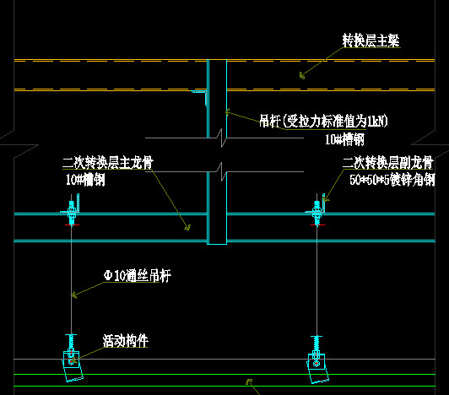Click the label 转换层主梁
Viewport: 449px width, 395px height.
click(x=371, y=41)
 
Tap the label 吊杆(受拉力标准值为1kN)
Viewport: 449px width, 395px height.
click(x=323, y=121)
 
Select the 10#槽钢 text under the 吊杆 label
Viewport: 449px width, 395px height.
click(x=344, y=140)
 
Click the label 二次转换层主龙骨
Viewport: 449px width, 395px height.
click(x=108, y=162)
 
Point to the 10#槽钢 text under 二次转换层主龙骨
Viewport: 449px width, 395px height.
click(x=85, y=180)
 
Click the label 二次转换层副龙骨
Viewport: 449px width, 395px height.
click(x=388, y=163)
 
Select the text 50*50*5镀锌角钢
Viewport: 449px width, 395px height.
click(x=392, y=180)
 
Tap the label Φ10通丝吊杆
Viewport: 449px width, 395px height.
click(x=138, y=275)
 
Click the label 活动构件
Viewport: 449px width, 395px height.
click(x=126, y=341)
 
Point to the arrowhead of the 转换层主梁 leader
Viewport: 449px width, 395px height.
click(x=301, y=76)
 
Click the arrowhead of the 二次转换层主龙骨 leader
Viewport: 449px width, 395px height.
click(x=188, y=228)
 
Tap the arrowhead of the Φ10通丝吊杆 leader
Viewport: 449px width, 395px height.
click(x=74, y=295)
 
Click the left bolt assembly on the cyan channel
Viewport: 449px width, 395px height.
click(x=72, y=213)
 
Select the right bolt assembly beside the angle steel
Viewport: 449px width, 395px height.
click(x=316, y=213)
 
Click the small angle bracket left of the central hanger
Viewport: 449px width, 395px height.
click(x=199, y=97)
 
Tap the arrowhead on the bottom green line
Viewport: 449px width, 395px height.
click(x=249, y=381)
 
